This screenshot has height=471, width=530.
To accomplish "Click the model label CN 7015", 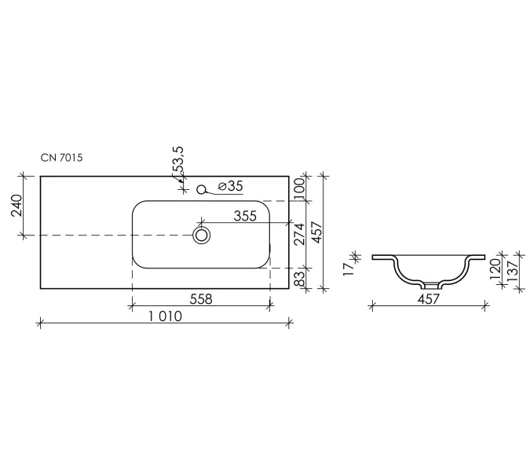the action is pyautogui.click(x=61, y=158).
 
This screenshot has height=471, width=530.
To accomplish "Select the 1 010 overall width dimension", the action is pyautogui.click(x=166, y=316).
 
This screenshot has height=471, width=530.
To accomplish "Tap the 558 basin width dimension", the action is pyautogui.click(x=201, y=299).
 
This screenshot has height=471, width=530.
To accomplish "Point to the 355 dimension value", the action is pyautogui.click(x=245, y=216).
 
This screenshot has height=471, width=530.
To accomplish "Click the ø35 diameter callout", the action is pyautogui.click(x=231, y=186).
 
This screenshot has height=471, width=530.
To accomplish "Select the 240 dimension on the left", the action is pyautogui.click(x=17, y=206).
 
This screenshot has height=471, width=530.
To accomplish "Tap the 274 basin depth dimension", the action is pyautogui.click(x=299, y=234).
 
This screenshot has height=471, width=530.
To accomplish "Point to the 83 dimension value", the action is pyautogui.click(x=299, y=279).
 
